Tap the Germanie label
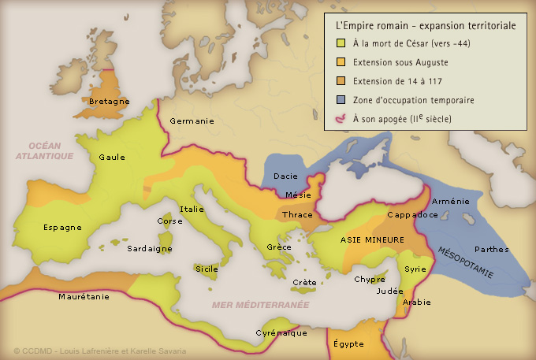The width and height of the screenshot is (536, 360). click(192, 121)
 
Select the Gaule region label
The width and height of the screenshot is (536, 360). click(112, 157)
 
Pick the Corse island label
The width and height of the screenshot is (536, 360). click(168, 221)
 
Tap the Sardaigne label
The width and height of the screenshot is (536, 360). click(150, 248)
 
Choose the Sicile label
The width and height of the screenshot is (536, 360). click(207, 269)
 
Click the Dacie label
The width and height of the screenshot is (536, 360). click(285, 176)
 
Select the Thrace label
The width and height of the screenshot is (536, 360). click(297, 214)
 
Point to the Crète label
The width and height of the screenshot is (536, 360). click(304, 282)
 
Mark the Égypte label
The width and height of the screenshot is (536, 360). click(348, 344)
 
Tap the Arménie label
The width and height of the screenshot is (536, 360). click(452, 202)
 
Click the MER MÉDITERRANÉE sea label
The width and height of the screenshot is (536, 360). click(260, 304)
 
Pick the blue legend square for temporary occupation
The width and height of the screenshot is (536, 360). click(341, 100)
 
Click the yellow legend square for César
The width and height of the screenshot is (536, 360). click(341, 43)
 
